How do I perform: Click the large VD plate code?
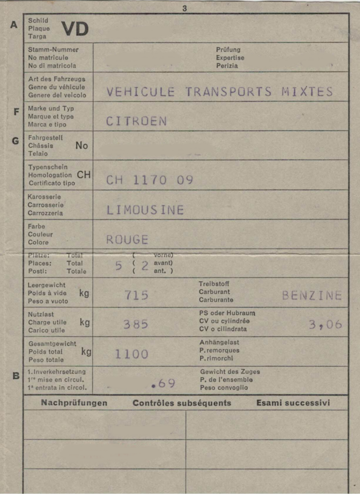click(75, 29)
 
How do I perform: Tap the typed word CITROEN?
click(137, 122)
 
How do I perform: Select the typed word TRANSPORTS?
click(228, 92)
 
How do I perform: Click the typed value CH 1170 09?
click(150, 180)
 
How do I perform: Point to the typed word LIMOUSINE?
click(145, 210)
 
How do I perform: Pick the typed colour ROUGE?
click(127, 240)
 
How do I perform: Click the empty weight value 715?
click(137, 295)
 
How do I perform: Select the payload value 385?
click(136, 325)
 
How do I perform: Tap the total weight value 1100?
click(131, 355)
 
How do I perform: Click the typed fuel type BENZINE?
click(312, 296)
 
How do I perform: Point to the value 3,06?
click(325, 325)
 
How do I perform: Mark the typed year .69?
click(163, 384)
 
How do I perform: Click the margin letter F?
click(16, 112)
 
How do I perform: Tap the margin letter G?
click(15, 141)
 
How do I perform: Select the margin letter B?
click(16, 375)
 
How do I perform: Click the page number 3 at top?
click(184, 8)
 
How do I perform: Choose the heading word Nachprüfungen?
click(74, 403)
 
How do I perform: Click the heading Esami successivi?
click(293, 403)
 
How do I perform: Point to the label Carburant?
click(214, 292)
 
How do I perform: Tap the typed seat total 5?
click(119, 266)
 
